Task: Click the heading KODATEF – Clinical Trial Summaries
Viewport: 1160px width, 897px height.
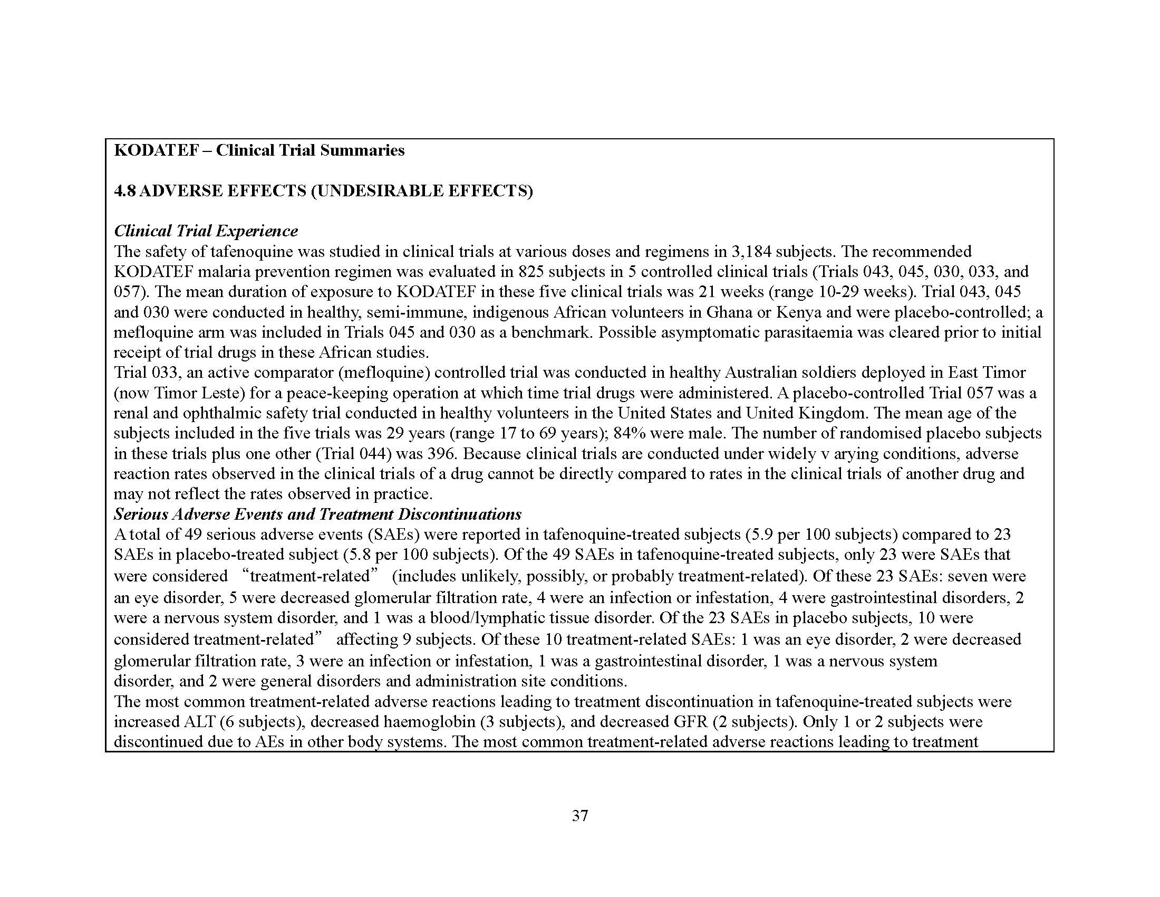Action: tap(259, 150)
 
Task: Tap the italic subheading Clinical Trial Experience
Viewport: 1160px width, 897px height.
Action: tap(206, 231)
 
